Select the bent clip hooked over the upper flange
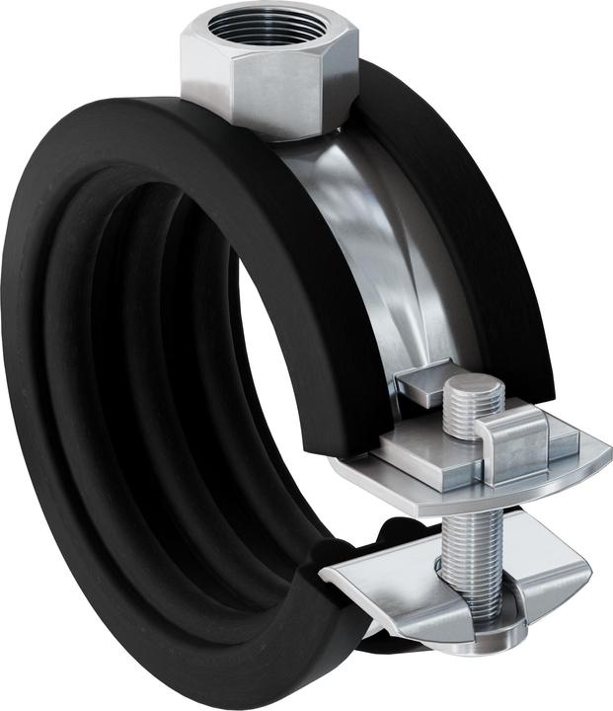tap(512, 444)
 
